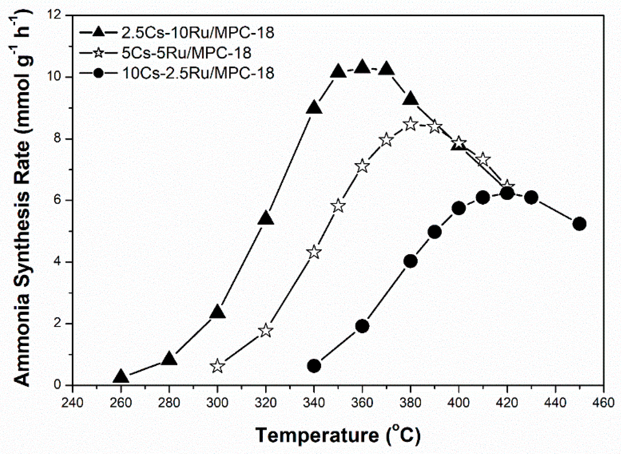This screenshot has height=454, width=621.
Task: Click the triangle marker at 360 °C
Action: [362, 68]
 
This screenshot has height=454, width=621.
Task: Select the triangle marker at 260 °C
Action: [121, 377]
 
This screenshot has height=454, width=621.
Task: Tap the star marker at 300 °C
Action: [217, 366]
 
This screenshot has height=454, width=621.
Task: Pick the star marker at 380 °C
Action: [410, 124]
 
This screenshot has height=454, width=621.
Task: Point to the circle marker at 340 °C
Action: [314, 366]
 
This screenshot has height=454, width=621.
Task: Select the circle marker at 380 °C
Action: [410, 261]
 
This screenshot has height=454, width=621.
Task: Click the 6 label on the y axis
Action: [58, 200]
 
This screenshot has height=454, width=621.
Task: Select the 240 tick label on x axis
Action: [72, 403]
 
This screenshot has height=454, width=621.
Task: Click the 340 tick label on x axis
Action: [314, 403]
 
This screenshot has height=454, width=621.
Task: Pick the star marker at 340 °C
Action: [314, 252]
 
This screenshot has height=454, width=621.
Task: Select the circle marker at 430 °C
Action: [531, 197]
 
